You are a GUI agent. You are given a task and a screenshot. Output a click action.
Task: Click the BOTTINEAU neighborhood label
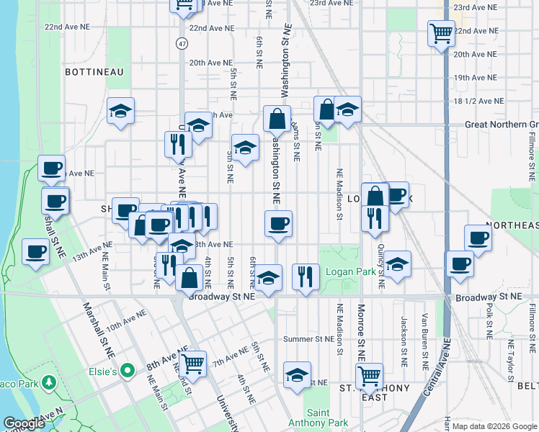[x=94, y=72]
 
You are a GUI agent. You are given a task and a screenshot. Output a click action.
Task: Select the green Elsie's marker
[x=128, y=371]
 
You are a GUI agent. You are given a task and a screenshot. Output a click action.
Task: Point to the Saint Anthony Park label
[x=308, y=418]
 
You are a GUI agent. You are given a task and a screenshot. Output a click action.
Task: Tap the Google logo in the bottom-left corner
[x=24, y=423]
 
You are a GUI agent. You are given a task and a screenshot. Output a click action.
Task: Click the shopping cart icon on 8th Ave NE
[x=192, y=362]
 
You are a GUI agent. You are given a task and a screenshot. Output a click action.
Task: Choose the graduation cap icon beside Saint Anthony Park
[x=297, y=375]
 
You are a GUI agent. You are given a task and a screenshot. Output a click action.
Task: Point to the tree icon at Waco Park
[x=49, y=382]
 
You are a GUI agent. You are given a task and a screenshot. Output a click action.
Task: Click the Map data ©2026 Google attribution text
[x=494, y=426]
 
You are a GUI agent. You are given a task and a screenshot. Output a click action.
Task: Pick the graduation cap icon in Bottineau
[x=121, y=111]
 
